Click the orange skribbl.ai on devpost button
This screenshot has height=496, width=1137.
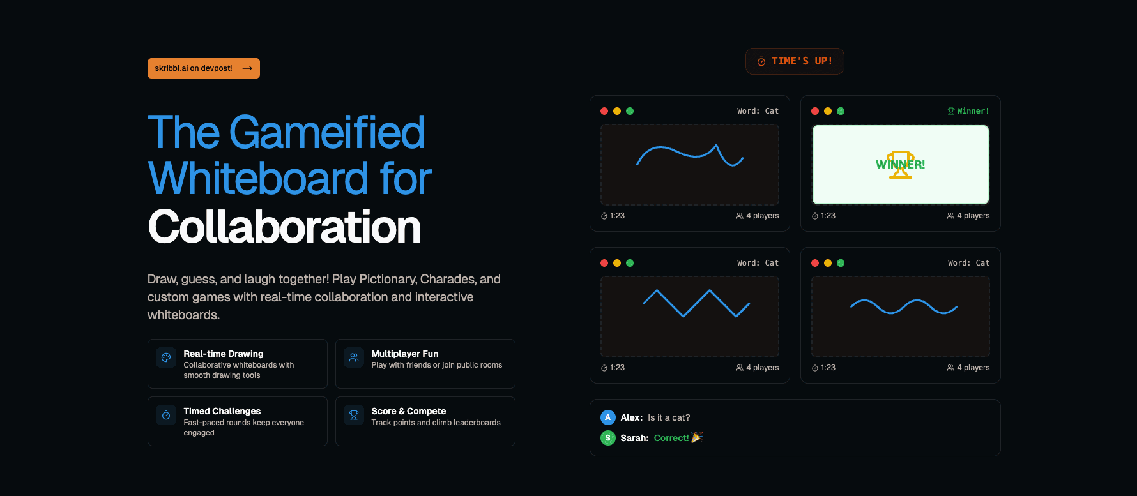pyautogui.click(x=203, y=68)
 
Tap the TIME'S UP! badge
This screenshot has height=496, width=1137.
pyautogui.click(x=795, y=61)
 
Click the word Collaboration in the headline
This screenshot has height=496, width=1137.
pyautogui.click(x=284, y=227)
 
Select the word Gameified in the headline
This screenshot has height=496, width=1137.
pyautogui.click(x=326, y=132)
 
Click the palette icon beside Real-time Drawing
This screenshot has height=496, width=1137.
pyautogui.click(x=166, y=357)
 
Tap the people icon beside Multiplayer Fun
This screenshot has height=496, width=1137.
pyautogui.click(x=354, y=357)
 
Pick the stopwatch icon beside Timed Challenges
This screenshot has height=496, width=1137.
pyautogui.click(x=166, y=415)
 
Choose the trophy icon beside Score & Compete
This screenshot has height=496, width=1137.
pyautogui.click(x=354, y=415)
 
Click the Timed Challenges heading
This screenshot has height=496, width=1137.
pyautogui.click(x=222, y=411)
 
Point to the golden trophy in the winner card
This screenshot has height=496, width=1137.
pyautogui.click(x=901, y=165)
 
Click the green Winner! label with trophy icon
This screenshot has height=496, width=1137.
pyautogui.click(x=968, y=111)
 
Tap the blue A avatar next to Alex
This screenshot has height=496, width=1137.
pyautogui.click(x=607, y=417)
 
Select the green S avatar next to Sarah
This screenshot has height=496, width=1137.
pyautogui.click(x=607, y=438)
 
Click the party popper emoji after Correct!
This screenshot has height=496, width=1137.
pyautogui.click(x=697, y=437)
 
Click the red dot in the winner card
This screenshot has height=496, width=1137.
pyautogui.click(x=815, y=111)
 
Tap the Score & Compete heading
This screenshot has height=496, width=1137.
pyautogui.click(x=409, y=411)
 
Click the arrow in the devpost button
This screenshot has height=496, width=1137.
pyautogui.click(x=247, y=68)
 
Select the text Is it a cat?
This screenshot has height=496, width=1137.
pyautogui.click(x=669, y=417)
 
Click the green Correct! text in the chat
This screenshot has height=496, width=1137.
pyautogui.click(x=671, y=438)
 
